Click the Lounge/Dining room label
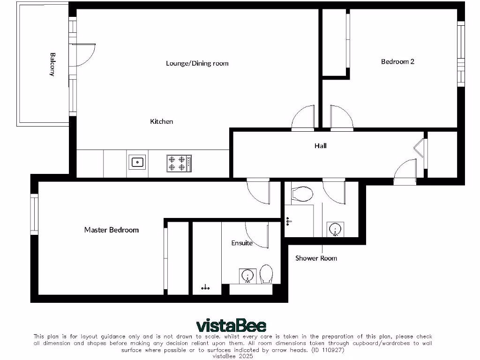tap(197, 63)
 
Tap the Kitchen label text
tap(161, 121)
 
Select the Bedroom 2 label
tap(397, 61)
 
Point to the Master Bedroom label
tap(111, 230)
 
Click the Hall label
tap(321, 146)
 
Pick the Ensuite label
tap(242, 243)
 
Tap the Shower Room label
tap(316, 258)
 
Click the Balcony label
tap(52, 64)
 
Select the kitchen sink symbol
tap(137, 163)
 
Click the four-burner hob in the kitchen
tap(179, 163)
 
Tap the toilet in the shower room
tap(302, 193)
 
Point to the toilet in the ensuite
tap(266, 274)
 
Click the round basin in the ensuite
tap(247, 276)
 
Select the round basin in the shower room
tap(335, 230)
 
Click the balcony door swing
tap(84, 54)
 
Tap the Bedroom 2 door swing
tap(341, 117)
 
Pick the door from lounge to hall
tap(303, 117)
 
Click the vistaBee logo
tap(231, 325)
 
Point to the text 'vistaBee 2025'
tap(233, 356)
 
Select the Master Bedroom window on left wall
tap(34, 214)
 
